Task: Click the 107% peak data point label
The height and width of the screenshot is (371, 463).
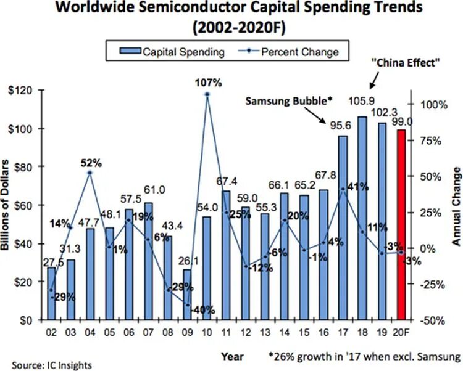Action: pos(208,83)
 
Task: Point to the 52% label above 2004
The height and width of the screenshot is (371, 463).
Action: pos(90,163)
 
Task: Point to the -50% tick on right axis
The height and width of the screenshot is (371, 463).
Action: pos(430,320)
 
